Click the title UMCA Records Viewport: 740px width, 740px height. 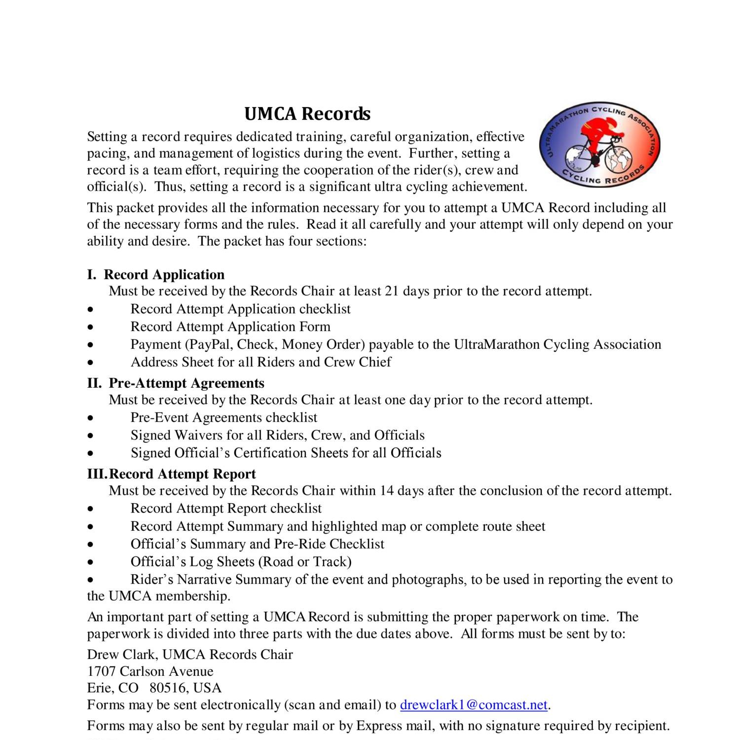(x=307, y=113)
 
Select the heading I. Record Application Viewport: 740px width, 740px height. (x=156, y=274)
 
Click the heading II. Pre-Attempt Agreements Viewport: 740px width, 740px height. (x=176, y=383)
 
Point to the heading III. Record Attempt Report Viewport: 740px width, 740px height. (x=172, y=474)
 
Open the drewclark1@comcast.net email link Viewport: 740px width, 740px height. (x=474, y=704)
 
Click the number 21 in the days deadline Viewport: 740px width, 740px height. (x=391, y=291)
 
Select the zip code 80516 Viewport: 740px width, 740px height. (x=166, y=688)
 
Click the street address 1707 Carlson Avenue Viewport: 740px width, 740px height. (x=150, y=671)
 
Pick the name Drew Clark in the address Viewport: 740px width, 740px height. (x=122, y=654)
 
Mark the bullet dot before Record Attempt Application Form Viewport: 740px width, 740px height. (x=90, y=327)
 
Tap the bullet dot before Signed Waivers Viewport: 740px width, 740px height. (x=90, y=436)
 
